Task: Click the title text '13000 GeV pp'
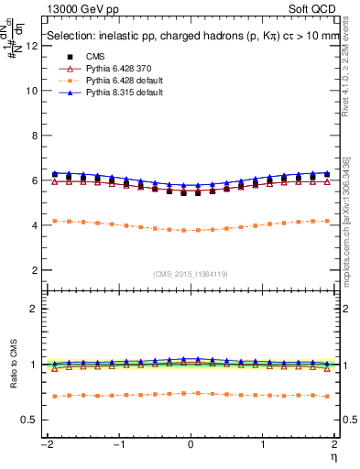77,9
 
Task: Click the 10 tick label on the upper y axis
33,91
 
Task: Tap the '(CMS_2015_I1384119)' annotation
191,275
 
